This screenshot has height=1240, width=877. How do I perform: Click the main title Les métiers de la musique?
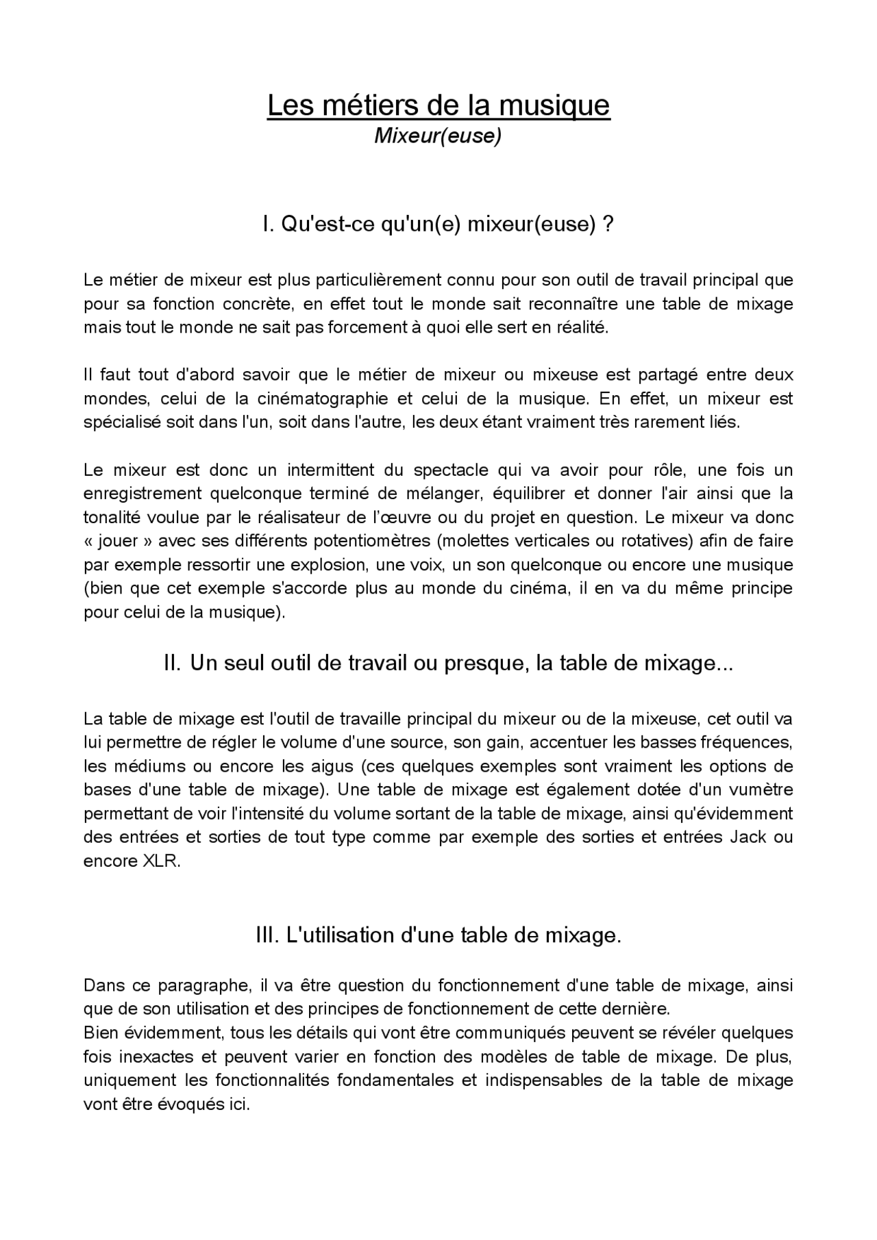pos(438,105)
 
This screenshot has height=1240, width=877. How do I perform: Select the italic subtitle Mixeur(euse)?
pos(438,136)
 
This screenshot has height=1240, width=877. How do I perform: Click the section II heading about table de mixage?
pos(448,663)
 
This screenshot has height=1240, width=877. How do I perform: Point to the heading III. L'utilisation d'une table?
pos(438,935)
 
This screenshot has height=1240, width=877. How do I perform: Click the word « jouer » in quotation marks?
pos(118,541)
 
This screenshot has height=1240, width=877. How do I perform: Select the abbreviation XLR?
pos(161,861)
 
